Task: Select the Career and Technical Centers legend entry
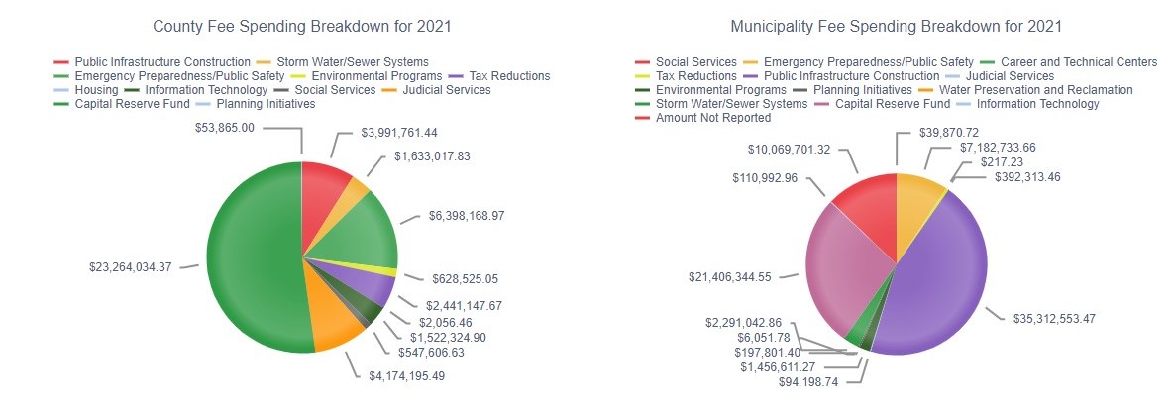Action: tap(1081, 62)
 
